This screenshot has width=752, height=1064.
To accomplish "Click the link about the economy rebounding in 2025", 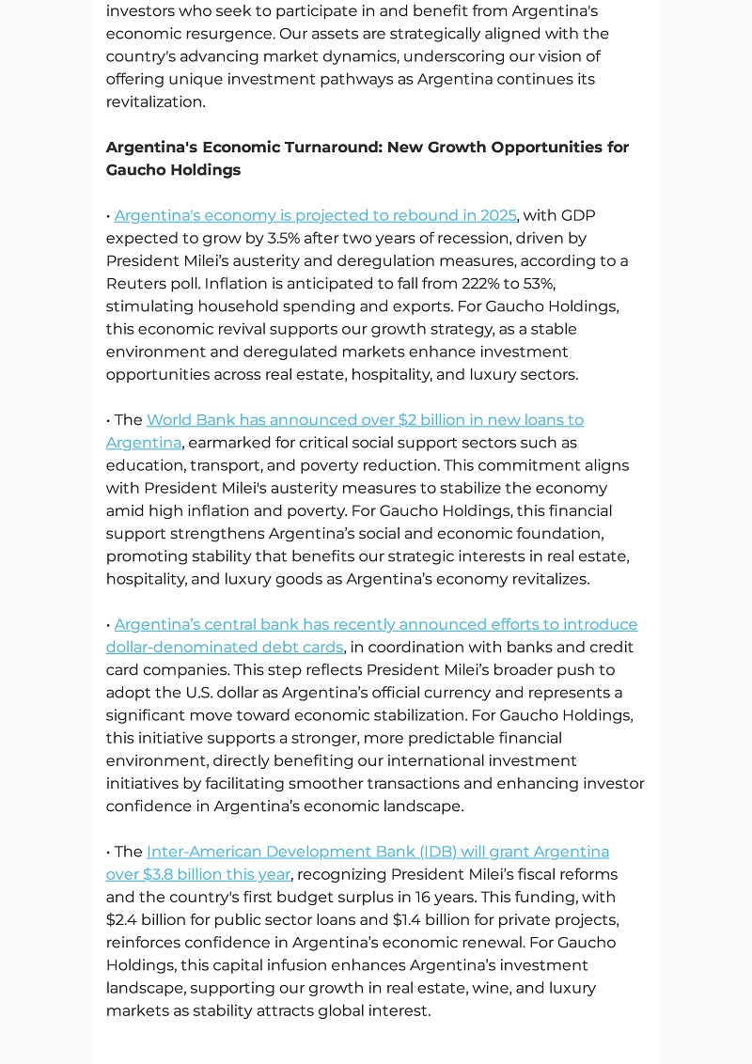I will [315, 215].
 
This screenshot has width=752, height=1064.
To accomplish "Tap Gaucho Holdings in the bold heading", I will [173, 170].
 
